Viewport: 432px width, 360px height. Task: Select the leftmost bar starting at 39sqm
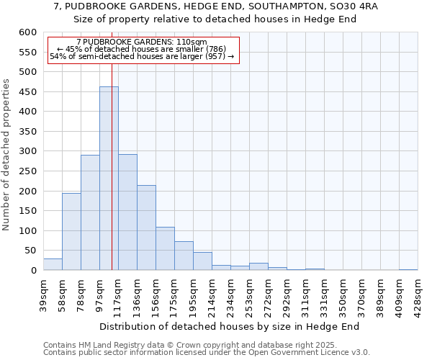53,264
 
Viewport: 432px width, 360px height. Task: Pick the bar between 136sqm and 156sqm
146,228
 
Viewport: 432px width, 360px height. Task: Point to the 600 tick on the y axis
27,32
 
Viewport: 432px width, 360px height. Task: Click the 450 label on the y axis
27,92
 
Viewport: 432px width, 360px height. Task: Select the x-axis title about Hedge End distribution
229,327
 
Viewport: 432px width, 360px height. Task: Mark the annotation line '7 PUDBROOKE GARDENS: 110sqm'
141,42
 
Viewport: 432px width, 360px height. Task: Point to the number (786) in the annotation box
215,49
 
